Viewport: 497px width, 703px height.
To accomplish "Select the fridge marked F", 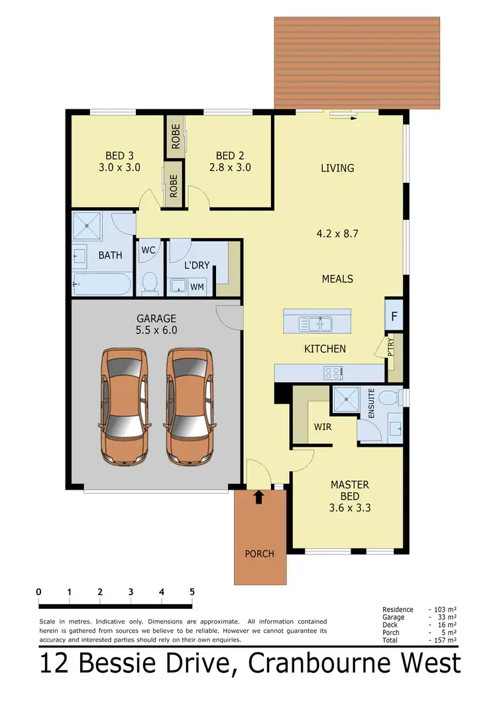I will [394, 317].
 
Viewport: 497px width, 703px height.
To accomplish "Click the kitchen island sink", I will [316, 324].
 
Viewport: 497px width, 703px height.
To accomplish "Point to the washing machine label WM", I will [197, 288].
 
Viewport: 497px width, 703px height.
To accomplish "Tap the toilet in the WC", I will [149, 282].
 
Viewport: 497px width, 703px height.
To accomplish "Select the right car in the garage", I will [190, 406].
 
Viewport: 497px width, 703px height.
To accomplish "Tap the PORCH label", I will [259, 553].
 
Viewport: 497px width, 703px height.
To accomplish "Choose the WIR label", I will [323, 427].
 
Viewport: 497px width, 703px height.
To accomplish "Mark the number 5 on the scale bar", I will [192, 592].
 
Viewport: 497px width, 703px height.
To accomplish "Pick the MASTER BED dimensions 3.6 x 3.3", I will [349, 508].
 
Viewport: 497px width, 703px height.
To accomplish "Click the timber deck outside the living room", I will [357, 63].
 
